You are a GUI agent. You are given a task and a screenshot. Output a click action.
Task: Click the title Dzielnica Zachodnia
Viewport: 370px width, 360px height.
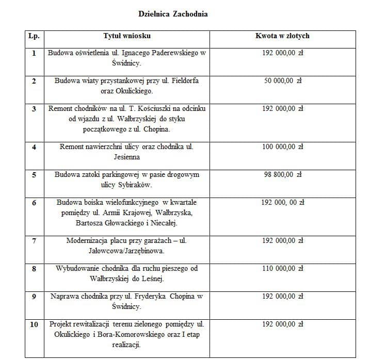tap(173, 14)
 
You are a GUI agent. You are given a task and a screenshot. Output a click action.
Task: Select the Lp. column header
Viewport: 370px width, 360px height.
tap(34, 36)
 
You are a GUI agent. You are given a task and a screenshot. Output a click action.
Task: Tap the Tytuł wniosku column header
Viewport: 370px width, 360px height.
tap(127, 36)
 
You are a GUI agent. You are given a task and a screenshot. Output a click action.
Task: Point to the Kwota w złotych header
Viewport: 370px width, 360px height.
tap(282, 36)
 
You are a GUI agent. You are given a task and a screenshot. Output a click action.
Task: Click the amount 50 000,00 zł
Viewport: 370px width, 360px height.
tap(282, 81)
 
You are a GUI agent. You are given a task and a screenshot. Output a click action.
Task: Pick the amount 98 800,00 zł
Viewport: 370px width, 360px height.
tap(282, 175)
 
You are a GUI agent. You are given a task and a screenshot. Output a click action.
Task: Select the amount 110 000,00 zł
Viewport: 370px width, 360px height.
tap(282, 269)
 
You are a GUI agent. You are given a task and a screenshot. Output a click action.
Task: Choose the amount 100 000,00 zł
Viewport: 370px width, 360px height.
tap(282, 147)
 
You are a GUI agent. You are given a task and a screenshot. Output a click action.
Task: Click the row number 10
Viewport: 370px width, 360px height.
tap(34, 324)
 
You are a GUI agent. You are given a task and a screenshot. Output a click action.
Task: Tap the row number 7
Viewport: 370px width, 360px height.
tap(34, 241)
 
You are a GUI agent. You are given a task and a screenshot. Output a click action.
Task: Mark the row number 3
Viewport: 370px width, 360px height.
tap(34, 109)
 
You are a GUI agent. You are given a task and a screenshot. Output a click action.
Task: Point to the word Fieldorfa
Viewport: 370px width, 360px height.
tap(182, 81)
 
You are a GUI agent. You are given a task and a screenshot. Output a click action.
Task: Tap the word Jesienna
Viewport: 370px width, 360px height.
tap(127, 157)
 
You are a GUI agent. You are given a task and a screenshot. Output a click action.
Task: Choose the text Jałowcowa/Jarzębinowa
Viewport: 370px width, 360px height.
tap(127, 251)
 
